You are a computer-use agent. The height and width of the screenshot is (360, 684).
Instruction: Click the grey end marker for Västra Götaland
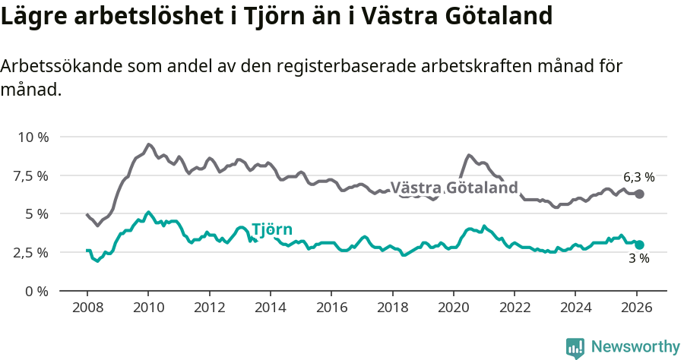point(639,194)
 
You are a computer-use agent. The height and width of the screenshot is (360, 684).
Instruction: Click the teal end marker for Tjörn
point(639,245)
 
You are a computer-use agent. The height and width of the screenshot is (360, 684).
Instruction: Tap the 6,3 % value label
point(638,177)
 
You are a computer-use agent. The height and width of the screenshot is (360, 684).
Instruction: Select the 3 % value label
point(638,259)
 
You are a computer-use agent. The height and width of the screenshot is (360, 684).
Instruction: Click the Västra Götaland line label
point(454,188)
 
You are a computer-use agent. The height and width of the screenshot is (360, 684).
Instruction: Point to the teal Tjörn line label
point(271,230)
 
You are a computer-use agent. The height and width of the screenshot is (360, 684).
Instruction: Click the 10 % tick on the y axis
point(33,137)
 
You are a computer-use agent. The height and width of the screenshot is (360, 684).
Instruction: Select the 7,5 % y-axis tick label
point(32,175)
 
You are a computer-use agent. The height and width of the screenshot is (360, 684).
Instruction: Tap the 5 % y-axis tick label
point(36,214)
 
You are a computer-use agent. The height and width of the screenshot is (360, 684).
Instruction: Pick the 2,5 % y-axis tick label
point(32,252)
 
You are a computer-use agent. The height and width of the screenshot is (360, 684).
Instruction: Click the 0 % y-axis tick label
point(36,291)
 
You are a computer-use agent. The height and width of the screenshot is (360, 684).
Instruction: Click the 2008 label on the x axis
point(87,308)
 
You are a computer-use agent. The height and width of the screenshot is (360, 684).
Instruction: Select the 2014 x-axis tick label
point(270,308)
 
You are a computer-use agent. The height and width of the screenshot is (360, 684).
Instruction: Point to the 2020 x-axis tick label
point(453,308)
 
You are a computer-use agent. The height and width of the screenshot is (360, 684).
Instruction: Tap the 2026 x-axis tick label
point(636,308)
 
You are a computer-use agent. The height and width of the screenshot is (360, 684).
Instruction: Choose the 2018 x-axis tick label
point(392,308)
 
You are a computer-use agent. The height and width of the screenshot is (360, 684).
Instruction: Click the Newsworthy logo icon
point(575,348)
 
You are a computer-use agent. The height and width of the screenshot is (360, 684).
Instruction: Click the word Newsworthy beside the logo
point(635,347)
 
